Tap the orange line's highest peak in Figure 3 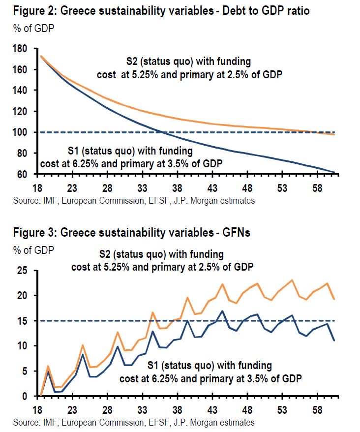[292, 280]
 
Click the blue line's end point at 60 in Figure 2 [334, 172]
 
